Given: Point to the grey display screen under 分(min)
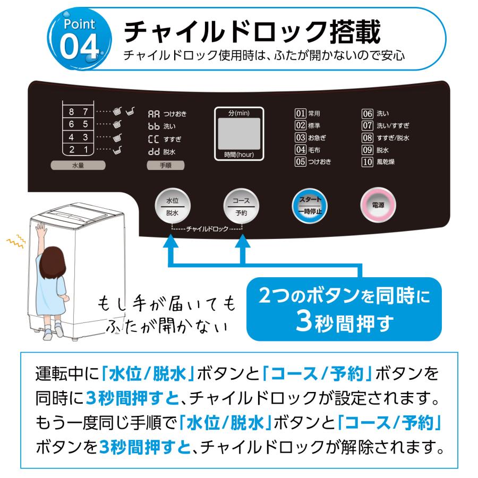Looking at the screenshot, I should (x=239, y=134).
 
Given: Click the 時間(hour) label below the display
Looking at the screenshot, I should (x=239, y=155).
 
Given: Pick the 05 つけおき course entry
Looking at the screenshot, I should (x=313, y=161).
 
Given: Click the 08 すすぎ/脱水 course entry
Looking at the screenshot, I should (x=385, y=138).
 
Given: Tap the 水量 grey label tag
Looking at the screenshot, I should (x=78, y=165).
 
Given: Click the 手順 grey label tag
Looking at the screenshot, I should (x=166, y=165).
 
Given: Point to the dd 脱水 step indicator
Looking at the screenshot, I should (x=161, y=152).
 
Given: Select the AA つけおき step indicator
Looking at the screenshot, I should (x=167, y=114).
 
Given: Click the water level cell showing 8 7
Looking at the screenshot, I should (x=78, y=112).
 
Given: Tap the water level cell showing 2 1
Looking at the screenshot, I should (x=78, y=150).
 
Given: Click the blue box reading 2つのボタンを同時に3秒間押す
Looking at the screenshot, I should (x=344, y=309).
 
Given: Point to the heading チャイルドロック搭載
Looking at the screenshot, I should (x=252, y=32).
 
